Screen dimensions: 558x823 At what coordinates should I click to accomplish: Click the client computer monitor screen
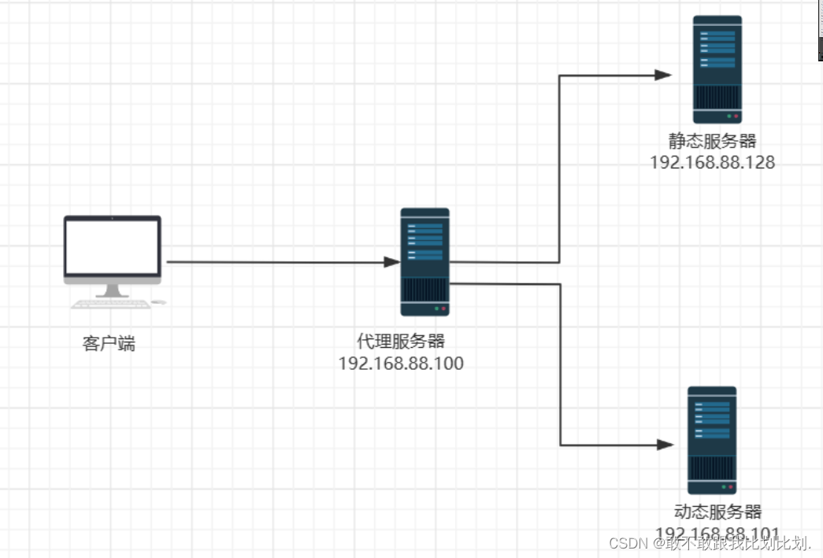click(112, 246)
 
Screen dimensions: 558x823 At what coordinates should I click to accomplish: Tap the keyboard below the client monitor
click(110, 304)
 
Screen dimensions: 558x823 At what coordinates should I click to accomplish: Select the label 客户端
click(109, 344)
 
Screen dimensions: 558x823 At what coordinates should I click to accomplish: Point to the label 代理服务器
click(401, 342)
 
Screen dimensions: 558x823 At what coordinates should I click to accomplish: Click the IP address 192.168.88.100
click(401, 364)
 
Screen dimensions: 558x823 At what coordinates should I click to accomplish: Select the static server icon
click(717, 69)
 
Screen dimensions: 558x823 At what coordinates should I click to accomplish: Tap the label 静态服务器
click(712, 141)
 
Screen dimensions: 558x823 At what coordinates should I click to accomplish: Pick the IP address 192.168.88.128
click(712, 163)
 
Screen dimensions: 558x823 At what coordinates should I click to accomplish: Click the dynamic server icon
click(712, 440)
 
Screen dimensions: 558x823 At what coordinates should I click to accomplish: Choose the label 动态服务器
click(718, 512)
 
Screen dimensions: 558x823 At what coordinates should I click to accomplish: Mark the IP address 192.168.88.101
click(717, 533)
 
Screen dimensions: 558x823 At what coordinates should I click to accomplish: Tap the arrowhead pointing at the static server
click(663, 75)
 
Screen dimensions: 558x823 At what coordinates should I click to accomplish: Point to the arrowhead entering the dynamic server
click(665, 445)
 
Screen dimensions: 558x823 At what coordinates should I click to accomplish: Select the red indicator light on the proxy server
click(444, 309)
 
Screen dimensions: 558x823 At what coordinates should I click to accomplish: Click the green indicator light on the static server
click(728, 116)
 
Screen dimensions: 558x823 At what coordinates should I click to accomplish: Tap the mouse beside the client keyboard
click(159, 302)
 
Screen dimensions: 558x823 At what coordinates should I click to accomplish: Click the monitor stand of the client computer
click(112, 290)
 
